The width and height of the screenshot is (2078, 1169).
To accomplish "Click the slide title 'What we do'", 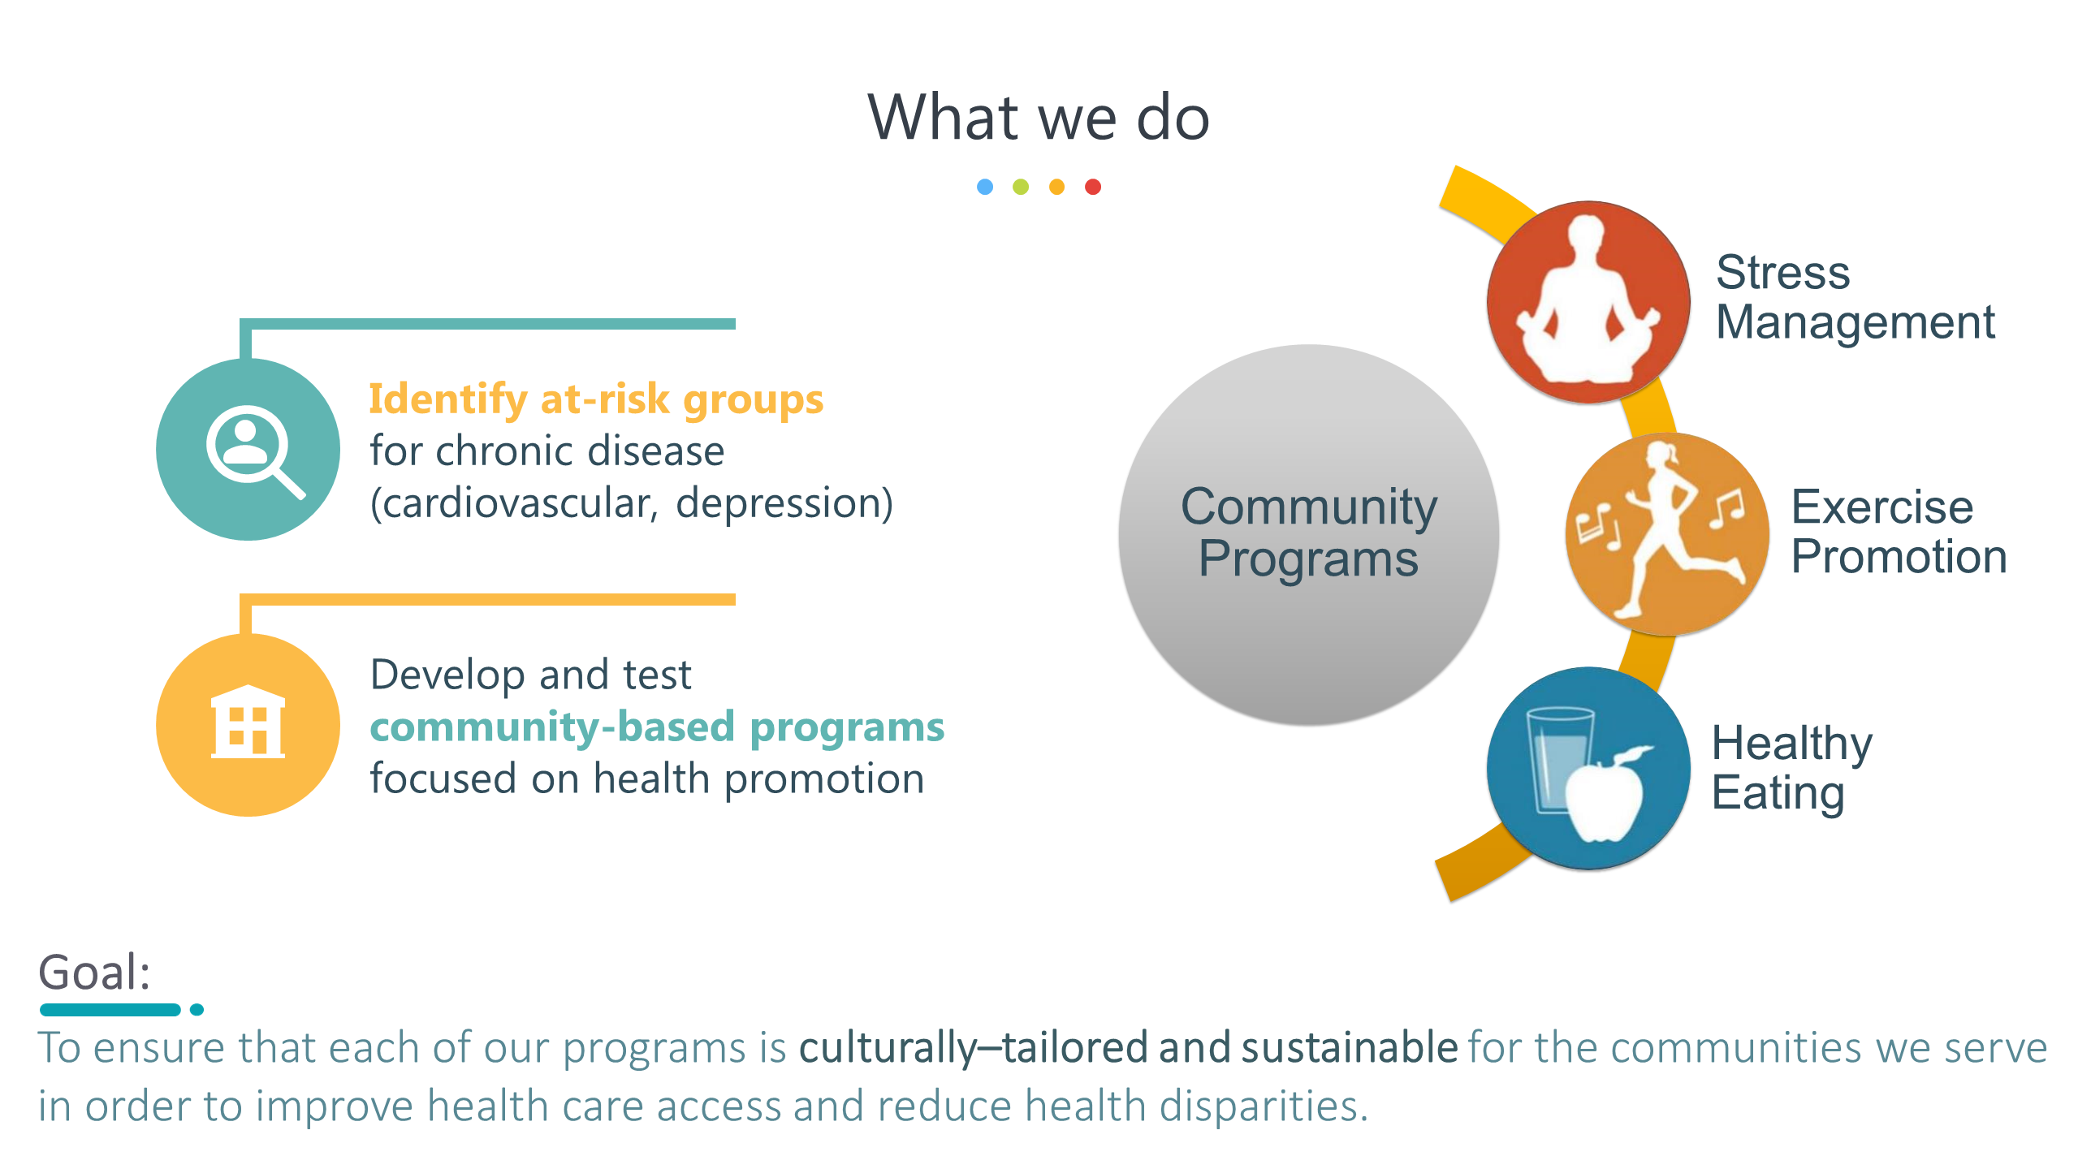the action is point(1039,118).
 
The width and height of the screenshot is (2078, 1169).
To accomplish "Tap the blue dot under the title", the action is point(985,188).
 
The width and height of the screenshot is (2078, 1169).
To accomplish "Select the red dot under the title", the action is point(1093,188).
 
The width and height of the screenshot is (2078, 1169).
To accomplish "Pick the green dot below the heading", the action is point(1021,188).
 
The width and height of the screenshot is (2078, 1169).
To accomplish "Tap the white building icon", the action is point(248,722).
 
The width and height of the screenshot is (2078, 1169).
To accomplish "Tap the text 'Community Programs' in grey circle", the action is point(1308,533).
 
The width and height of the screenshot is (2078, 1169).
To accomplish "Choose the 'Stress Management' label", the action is point(1855,297).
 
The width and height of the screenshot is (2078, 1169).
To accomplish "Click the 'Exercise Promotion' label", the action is point(1899,532).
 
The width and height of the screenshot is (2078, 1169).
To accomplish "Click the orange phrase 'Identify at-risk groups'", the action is point(596,400).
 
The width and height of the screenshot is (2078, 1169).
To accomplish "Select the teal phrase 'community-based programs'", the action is point(657,727).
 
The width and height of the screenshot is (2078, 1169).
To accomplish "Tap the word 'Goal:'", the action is point(95,972).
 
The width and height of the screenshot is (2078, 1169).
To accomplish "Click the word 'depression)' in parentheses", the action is point(784,503).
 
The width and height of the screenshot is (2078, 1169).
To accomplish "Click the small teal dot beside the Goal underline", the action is point(197,1010).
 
